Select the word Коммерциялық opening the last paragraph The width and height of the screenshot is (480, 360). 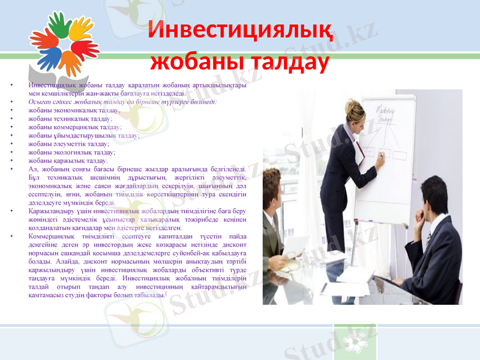51,237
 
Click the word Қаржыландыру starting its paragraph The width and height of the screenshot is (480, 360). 52,212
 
